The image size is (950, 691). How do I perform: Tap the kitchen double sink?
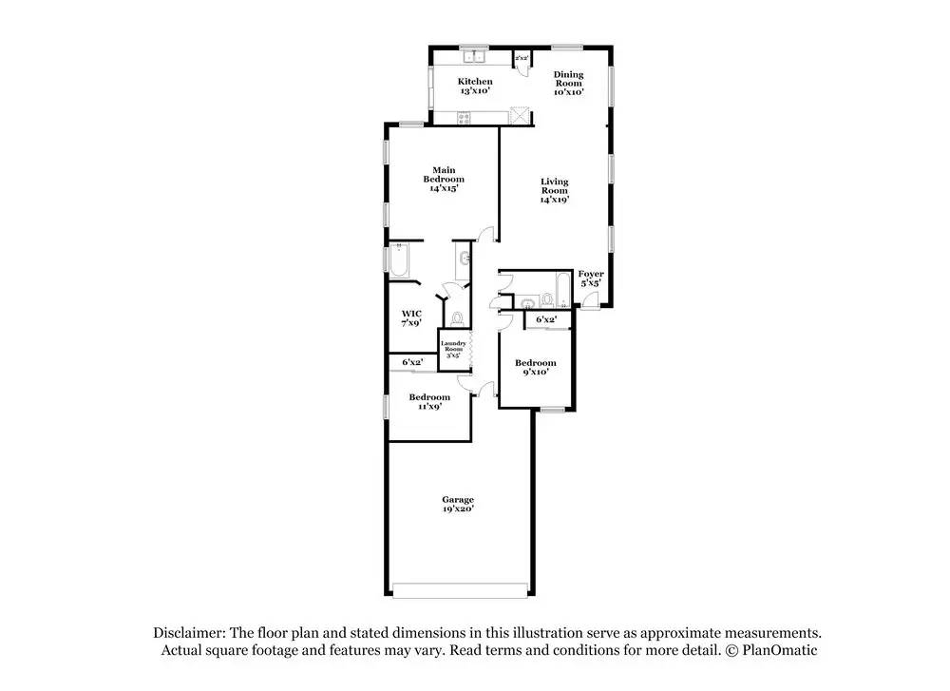tap(472, 53)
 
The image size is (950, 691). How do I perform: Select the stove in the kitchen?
tap(465, 118)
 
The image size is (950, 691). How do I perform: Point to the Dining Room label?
tap(569, 83)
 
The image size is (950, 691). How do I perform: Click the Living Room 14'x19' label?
tap(554, 190)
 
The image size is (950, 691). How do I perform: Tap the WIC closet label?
tap(410, 317)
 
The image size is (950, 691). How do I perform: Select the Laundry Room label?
tap(453, 348)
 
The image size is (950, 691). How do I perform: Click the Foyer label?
tap(591, 278)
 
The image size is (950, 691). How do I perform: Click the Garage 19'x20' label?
tap(457, 504)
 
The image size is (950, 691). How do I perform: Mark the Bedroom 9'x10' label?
tap(535, 367)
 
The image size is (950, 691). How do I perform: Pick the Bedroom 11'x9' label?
tap(429, 401)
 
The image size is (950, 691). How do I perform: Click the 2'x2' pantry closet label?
tap(522, 59)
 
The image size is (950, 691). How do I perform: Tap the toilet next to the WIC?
tap(456, 317)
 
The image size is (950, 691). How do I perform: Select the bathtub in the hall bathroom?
tap(561, 290)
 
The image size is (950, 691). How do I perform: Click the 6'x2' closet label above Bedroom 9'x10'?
tap(545, 320)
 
